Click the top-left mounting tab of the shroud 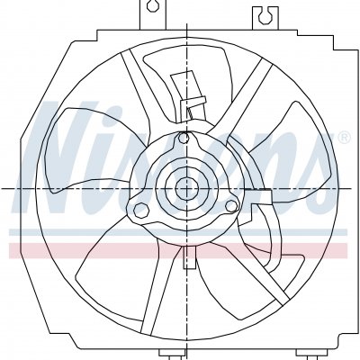[x=152, y=14]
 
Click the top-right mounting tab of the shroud [x=265, y=18]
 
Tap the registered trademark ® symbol [x=344, y=137]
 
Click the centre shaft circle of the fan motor [x=187, y=188]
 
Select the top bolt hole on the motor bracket [x=183, y=138]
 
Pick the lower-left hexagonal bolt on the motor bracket [x=141, y=210]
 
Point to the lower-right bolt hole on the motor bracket [x=231, y=206]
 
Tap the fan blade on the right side [x=288, y=150]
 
